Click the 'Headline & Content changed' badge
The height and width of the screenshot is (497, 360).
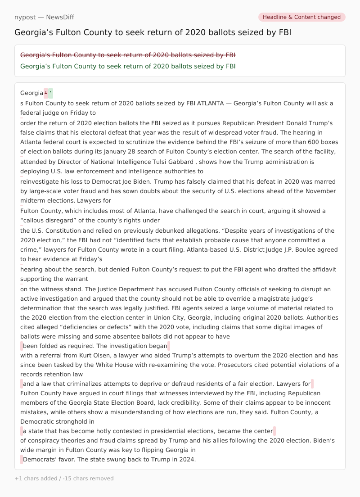301,17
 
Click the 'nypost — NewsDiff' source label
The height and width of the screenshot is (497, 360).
44,17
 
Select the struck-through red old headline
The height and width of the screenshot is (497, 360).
128,55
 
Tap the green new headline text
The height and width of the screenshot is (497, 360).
128,66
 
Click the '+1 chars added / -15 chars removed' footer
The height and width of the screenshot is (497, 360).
64,479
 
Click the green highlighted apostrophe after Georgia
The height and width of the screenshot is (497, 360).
51,93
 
